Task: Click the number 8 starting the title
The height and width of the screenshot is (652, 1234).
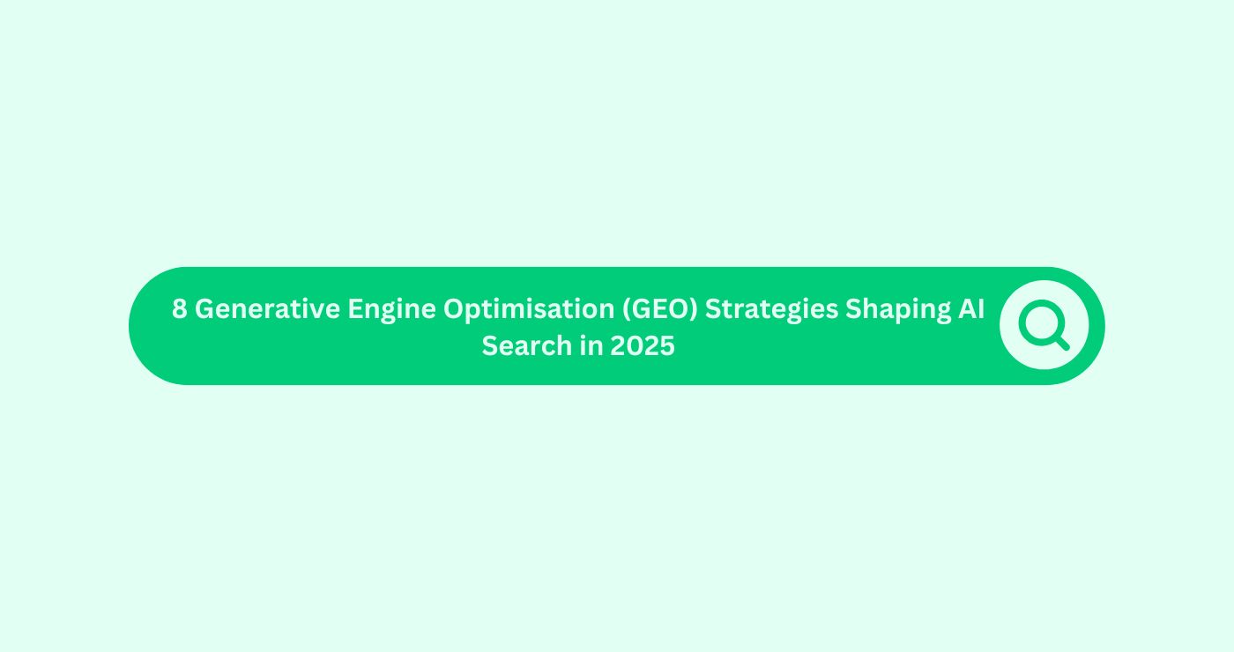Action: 179,309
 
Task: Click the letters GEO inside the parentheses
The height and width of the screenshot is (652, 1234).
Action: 658,309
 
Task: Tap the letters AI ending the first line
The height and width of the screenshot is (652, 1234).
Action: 971,309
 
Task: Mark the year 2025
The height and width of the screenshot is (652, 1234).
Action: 643,346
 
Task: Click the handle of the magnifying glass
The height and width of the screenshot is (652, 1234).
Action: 1061,342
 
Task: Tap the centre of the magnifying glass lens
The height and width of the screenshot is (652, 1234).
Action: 1041,322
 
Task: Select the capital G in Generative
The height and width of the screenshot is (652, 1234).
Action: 204,309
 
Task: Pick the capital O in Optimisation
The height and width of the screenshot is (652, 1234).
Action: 454,309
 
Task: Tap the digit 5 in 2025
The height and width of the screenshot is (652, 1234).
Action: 667,346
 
